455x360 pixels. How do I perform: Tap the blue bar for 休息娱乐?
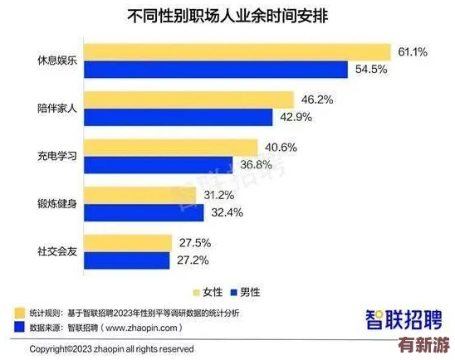tap(216, 69)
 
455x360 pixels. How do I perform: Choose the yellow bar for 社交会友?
tap(129, 243)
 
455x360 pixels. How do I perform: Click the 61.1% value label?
tap(413, 51)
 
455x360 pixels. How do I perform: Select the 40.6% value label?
tap(281, 148)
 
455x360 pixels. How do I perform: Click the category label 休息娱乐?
tap(59, 61)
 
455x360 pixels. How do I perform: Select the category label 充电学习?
tap(59, 156)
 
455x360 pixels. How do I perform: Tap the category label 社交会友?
tap(59, 252)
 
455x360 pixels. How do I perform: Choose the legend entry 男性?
tap(249, 291)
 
